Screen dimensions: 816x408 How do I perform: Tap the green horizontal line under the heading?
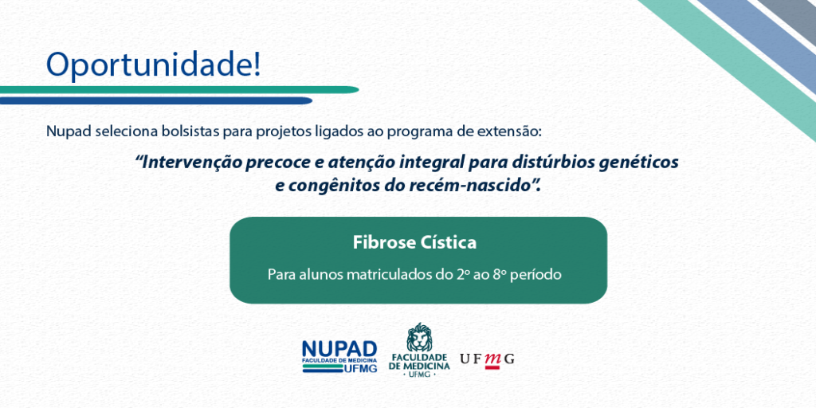[x=179, y=89]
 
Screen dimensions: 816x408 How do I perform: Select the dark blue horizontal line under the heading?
[x=156, y=100]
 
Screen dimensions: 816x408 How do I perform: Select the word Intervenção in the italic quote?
[x=184, y=163]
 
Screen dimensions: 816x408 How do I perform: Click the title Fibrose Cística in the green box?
[x=414, y=242]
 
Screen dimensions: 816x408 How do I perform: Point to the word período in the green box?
[x=536, y=275]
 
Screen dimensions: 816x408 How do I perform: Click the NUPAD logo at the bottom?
[x=339, y=356]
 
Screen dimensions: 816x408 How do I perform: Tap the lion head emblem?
[x=419, y=337]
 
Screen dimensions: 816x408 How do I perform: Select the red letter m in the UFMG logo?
[x=492, y=359]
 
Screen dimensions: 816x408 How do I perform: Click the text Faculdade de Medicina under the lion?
[x=419, y=363]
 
